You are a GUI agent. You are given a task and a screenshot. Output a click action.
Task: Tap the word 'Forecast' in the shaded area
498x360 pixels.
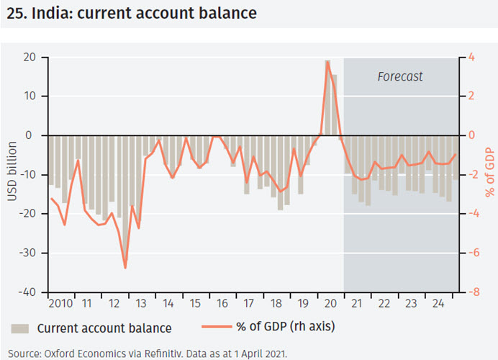400,76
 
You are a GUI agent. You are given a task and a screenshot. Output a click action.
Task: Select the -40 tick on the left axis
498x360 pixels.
27,292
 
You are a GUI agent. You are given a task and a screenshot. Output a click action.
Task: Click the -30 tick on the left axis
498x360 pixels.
27,253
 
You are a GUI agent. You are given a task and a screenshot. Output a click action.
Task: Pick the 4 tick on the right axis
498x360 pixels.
470,58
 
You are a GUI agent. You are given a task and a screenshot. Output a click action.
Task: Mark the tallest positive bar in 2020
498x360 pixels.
327,97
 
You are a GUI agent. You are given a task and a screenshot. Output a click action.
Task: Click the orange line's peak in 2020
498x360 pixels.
327,61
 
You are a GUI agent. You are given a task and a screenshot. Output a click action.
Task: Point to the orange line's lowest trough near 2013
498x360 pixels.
125,268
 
